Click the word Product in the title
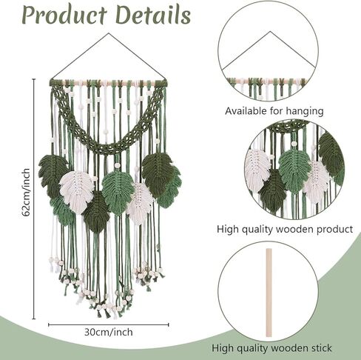point(64,15)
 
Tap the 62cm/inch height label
point(26,193)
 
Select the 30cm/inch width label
point(109,332)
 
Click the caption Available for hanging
point(274,111)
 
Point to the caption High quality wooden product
point(285,229)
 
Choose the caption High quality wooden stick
point(271,348)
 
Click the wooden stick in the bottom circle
point(269,293)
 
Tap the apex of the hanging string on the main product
point(109,33)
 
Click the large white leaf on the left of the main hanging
point(77,192)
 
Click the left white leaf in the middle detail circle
point(257,170)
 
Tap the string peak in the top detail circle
point(271,32)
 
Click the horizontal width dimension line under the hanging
point(109,324)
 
